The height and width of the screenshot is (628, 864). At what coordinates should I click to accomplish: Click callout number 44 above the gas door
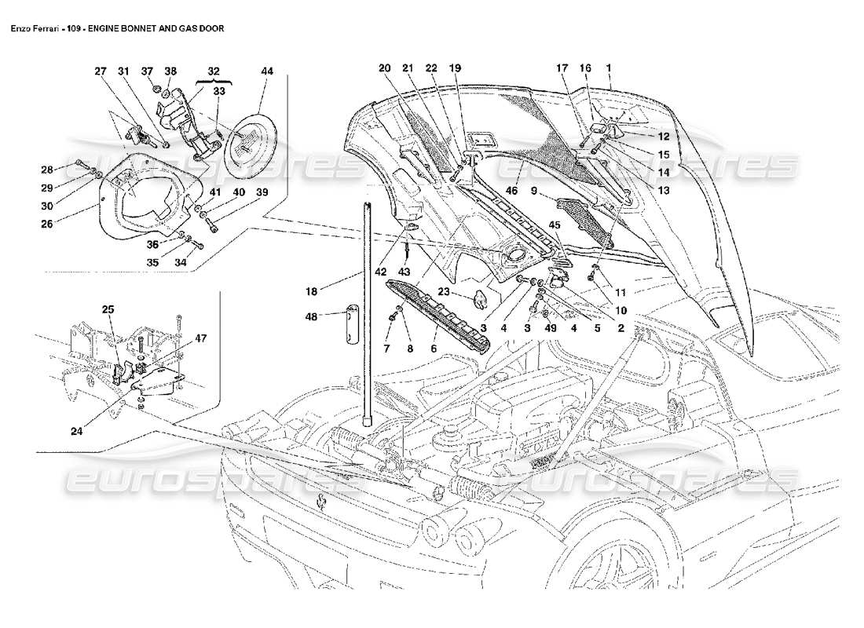[266, 71]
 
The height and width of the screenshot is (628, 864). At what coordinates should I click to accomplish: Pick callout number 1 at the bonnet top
[609, 68]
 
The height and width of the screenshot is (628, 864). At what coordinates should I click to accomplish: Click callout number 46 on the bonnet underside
[511, 191]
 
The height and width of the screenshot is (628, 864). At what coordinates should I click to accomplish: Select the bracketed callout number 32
[214, 71]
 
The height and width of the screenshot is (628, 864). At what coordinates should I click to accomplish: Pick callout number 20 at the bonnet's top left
[384, 68]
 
